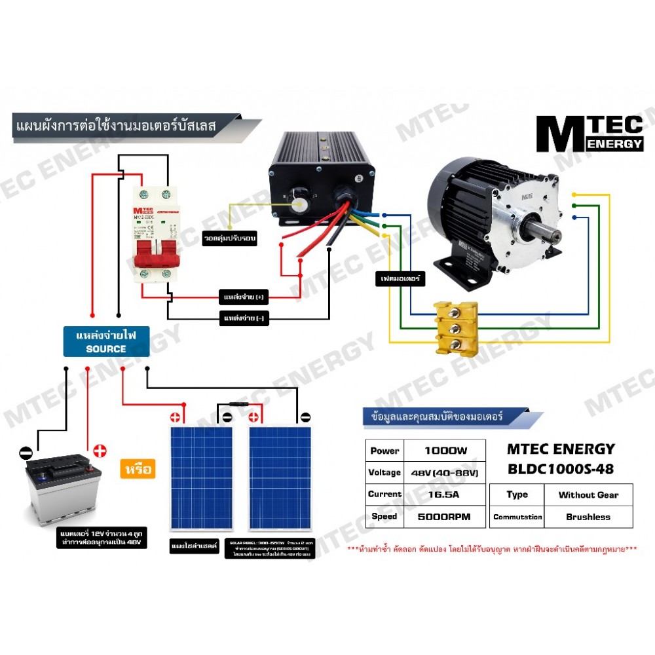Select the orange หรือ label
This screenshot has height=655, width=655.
[138, 469]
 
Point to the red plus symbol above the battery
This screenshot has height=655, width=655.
[100, 451]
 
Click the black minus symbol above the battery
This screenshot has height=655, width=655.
[25, 452]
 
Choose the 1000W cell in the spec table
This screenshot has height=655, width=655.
[445, 451]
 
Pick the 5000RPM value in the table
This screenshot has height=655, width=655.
[445, 516]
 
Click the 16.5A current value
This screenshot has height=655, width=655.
[445, 495]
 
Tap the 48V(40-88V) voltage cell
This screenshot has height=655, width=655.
[445, 472]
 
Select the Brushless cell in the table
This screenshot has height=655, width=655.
[588, 517]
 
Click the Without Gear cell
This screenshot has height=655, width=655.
[588, 495]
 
